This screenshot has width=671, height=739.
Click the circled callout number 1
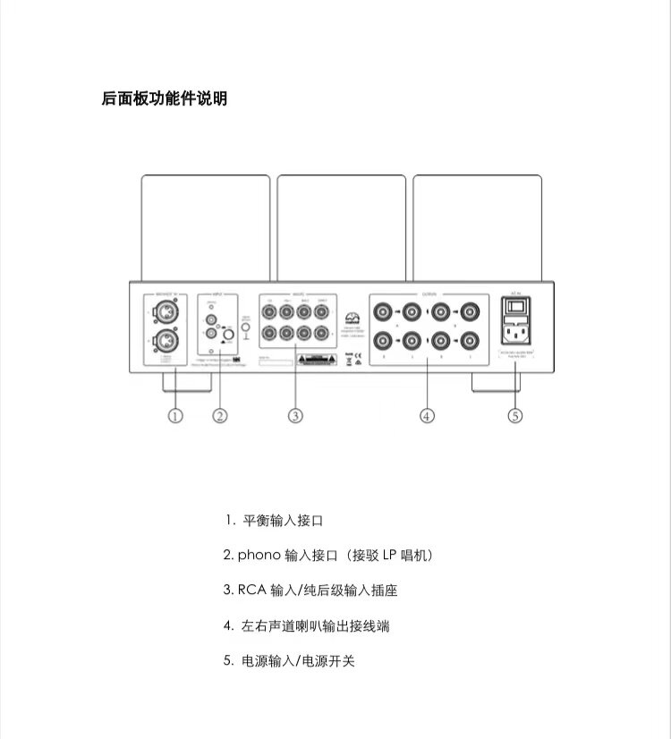tap(175, 415)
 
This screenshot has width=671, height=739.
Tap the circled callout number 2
tap(220, 415)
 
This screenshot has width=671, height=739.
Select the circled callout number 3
tap(295, 415)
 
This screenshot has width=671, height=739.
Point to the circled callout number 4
tap(428, 415)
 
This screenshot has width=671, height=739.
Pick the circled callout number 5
tap(514, 415)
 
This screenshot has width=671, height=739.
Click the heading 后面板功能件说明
tap(165, 98)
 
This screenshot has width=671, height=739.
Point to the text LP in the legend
tap(389, 556)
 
